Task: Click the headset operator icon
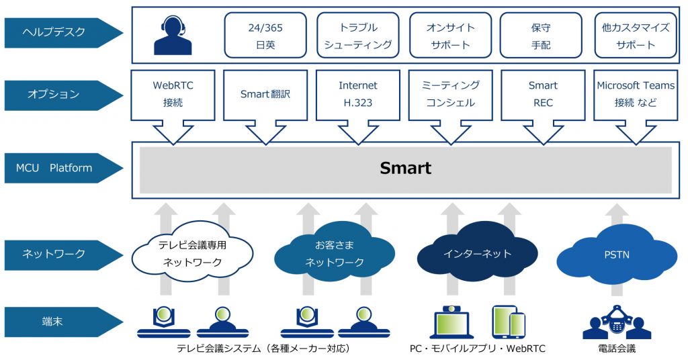pyautogui.click(x=173, y=35)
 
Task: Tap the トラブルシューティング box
pyautogui.click(x=358, y=36)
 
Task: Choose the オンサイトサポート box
pyautogui.click(x=451, y=36)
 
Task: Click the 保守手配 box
pyautogui.click(x=542, y=36)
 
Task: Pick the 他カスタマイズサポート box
pyautogui.click(x=635, y=36)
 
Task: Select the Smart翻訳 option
pyautogui.click(x=265, y=94)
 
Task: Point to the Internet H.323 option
pyautogui.click(x=358, y=94)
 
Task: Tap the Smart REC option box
pyautogui.click(x=542, y=94)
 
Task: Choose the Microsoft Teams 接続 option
pyautogui.click(x=635, y=94)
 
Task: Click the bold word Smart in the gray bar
pyautogui.click(x=405, y=168)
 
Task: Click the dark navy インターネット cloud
pyautogui.click(x=477, y=254)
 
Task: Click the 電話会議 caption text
pyautogui.click(x=616, y=349)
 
